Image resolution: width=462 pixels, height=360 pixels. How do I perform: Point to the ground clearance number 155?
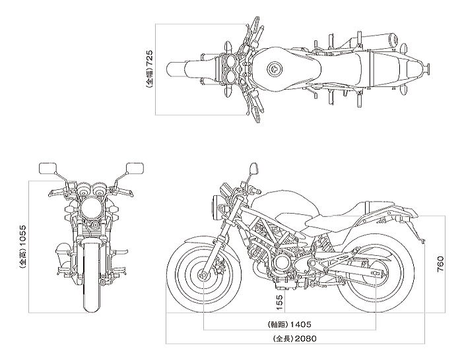[280, 303]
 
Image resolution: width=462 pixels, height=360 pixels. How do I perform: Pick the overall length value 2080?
[304, 339]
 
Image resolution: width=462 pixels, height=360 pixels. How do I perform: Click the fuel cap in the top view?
[275, 68]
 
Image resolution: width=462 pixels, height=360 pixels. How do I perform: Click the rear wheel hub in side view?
[376, 274]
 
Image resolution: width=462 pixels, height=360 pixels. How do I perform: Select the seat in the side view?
[350, 212]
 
